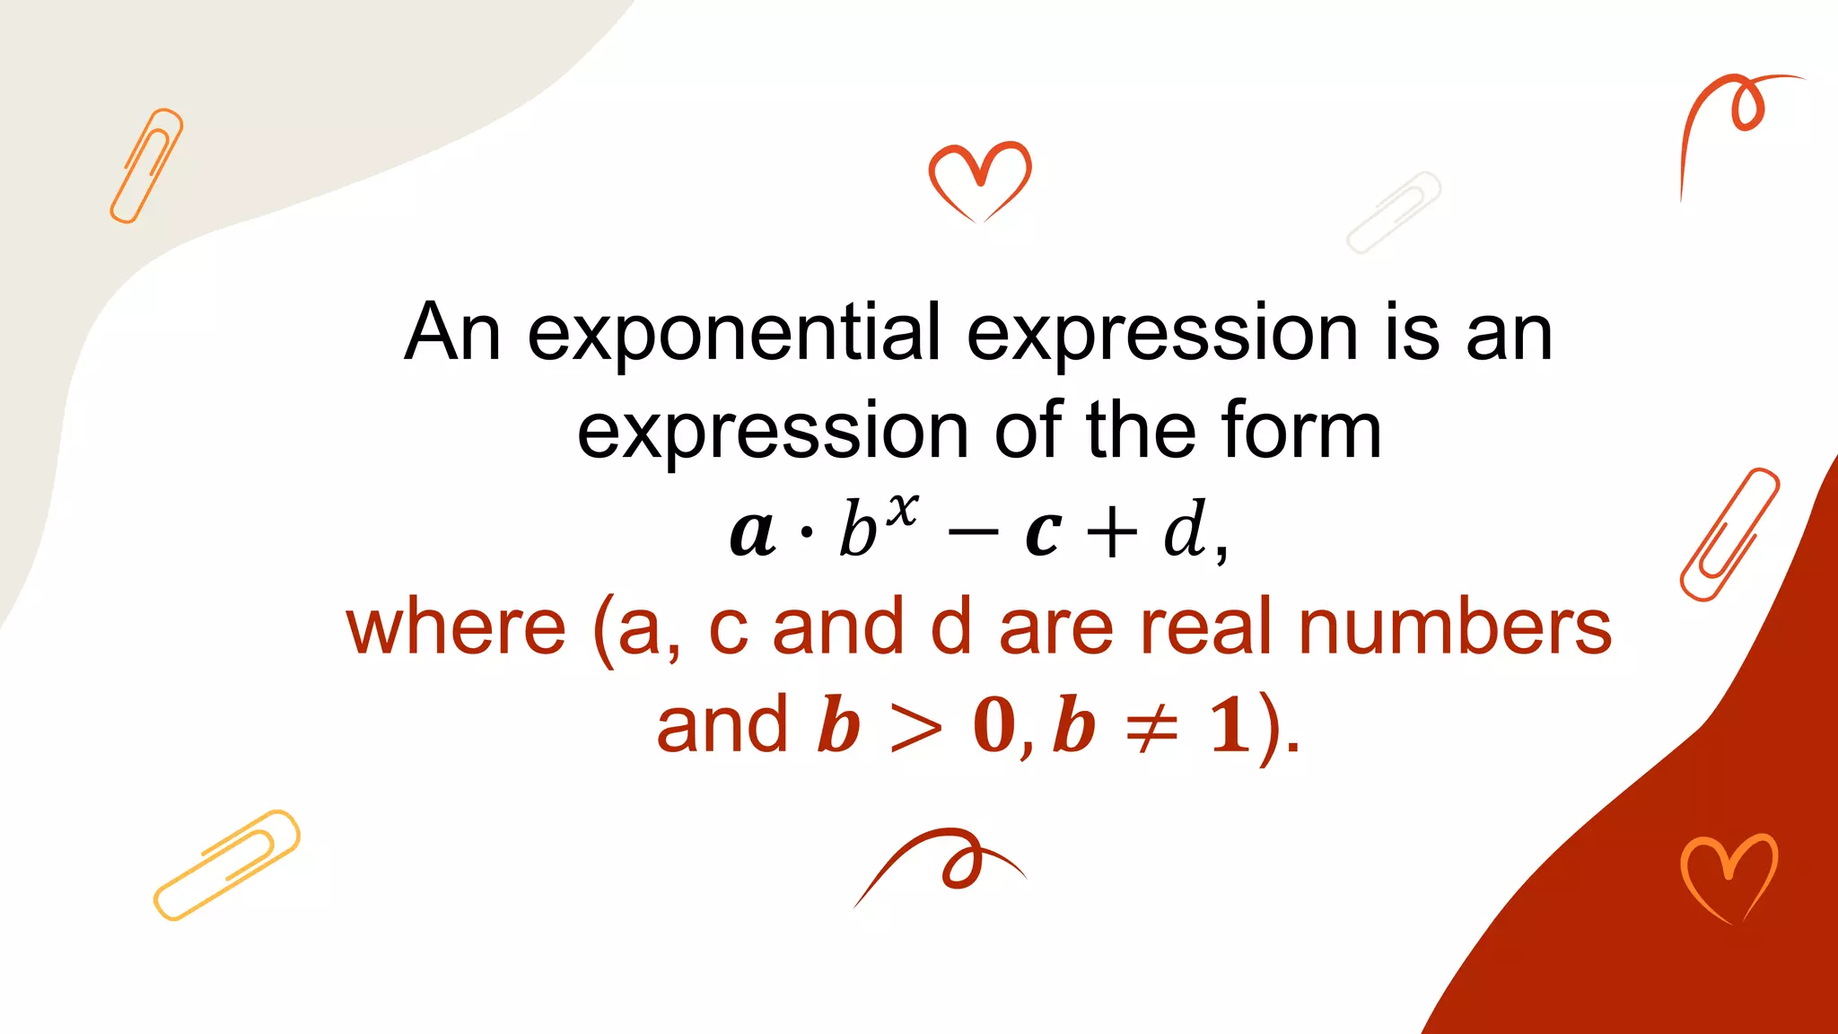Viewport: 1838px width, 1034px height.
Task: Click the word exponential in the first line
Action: [x=734, y=334]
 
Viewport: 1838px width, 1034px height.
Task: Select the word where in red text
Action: [x=456, y=628]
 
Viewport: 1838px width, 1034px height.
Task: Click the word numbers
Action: [x=1455, y=628]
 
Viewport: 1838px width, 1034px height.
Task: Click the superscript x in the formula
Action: [x=902, y=510]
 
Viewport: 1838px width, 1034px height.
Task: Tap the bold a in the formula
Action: [x=752, y=532]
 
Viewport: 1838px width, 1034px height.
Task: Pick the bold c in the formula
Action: [x=1044, y=533]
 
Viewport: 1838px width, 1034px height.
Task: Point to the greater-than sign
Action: [x=915, y=726]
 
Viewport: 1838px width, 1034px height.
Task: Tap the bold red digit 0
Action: [x=994, y=725]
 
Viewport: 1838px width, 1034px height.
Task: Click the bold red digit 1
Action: [x=1229, y=725]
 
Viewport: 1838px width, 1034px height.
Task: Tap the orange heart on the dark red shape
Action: [x=1729, y=876]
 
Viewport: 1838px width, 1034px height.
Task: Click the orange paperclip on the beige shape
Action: [x=146, y=165]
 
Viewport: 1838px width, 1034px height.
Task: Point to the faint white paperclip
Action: [x=1393, y=213]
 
